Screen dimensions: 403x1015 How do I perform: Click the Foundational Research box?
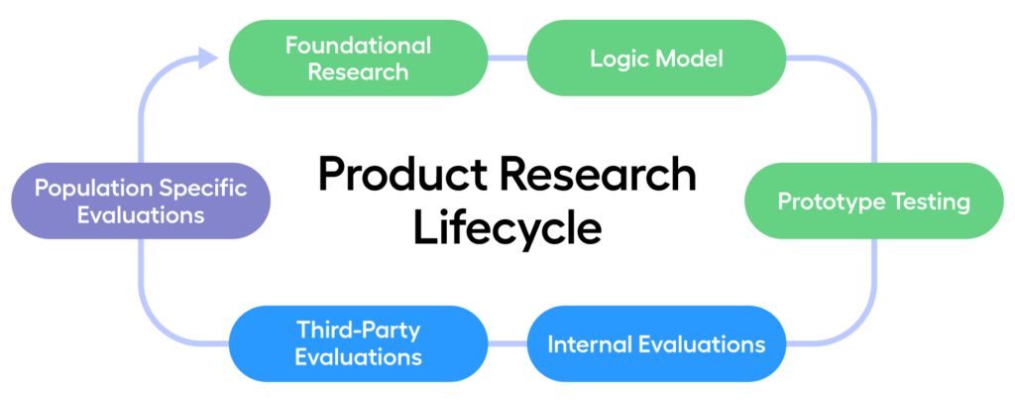[358, 58]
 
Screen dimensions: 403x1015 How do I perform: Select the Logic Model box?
[656, 58]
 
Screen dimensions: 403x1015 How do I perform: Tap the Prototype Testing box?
[873, 201]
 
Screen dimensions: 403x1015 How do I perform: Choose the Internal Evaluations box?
[656, 344]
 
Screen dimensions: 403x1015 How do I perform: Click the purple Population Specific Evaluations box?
[140, 201]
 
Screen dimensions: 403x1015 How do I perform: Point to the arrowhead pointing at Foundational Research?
[208, 59]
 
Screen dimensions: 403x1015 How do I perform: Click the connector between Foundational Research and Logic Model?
[507, 59]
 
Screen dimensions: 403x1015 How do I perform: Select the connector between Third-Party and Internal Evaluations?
[507, 344]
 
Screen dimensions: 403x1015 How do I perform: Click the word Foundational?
[358, 46]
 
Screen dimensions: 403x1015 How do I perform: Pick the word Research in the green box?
[358, 71]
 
